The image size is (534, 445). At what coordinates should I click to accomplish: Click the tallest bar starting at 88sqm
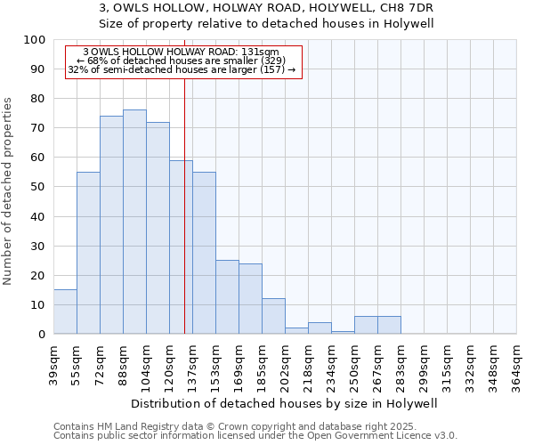[x=134, y=222]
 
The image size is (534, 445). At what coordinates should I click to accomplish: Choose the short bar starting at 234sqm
[x=343, y=332]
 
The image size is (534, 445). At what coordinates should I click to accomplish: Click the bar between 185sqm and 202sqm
[x=273, y=316]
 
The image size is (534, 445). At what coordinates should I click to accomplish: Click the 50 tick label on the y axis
[x=39, y=187]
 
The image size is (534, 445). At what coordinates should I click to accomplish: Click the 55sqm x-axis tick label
[x=77, y=360]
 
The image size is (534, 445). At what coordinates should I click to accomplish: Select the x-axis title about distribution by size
[x=290, y=403]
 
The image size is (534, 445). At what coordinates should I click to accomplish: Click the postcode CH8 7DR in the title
[x=407, y=8]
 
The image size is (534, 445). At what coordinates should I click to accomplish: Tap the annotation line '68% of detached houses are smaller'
[x=185, y=61]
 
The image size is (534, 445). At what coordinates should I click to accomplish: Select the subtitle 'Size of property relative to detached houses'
[x=266, y=23]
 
